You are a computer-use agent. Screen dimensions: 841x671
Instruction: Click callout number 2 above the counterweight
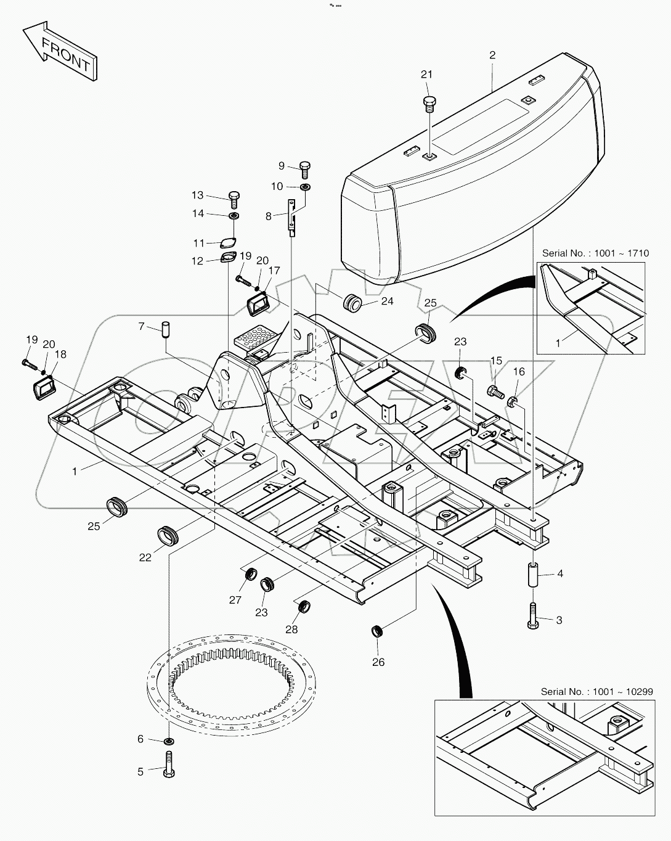492,55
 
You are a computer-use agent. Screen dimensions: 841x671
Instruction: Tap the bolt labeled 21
429,103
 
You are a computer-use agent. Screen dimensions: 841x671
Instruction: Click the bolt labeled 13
234,198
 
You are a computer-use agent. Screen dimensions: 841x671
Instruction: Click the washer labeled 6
169,740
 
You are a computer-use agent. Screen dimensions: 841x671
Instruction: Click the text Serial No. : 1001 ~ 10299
596,692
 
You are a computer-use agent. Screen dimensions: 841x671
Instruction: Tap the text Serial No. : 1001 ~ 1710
595,253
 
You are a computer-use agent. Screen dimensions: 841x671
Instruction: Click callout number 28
291,630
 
